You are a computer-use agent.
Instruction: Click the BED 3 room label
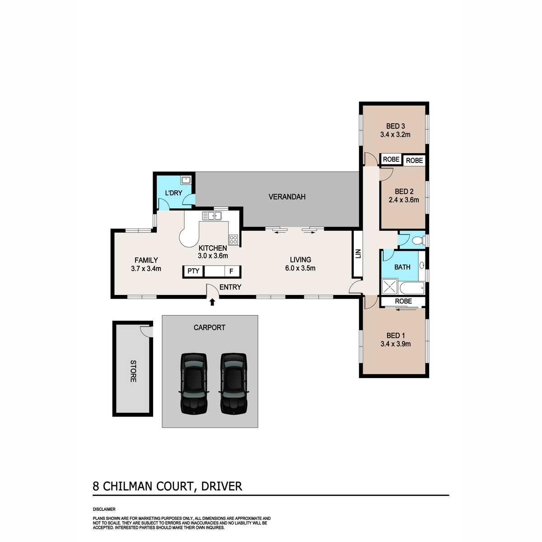(395, 126)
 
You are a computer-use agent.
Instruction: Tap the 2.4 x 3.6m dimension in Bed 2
(404, 200)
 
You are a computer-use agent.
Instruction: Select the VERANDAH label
(287, 197)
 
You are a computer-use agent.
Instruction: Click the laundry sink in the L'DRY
(186, 180)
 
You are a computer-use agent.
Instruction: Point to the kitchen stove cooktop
(234, 240)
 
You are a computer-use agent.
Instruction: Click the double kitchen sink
(212, 216)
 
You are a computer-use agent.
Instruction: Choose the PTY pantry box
(193, 271)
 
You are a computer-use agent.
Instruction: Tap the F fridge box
(232, 271)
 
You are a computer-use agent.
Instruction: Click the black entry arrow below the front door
(212, 302)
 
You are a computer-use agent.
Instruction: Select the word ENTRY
(230, 287)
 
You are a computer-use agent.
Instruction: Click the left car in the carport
(193, 383)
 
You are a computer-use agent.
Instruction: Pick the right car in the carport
(234, 383)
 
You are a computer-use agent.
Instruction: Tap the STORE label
(133, 371)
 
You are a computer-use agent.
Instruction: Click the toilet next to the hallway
(419, 240)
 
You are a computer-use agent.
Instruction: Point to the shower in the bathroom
(389, 287)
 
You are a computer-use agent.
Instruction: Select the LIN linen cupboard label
(358, 254)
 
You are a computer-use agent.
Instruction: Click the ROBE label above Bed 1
(403, 301)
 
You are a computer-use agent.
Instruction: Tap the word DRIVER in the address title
(222, 486)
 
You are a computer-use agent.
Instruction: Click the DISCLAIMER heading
(104, 509)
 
